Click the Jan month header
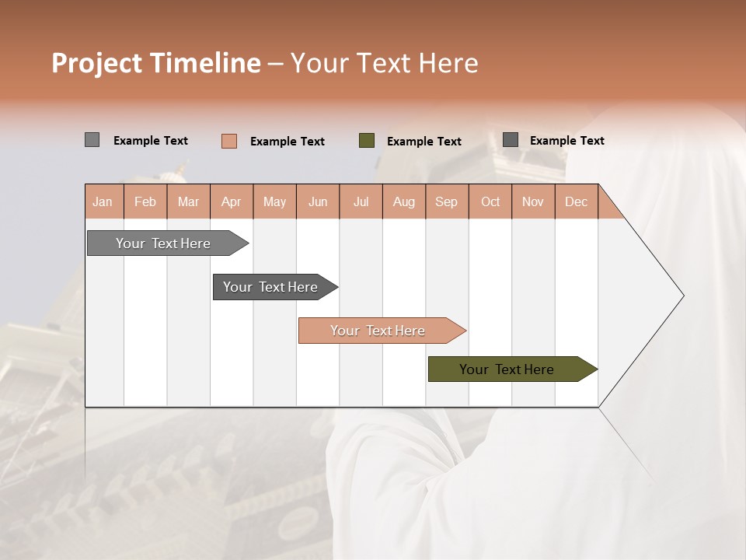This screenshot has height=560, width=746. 103,201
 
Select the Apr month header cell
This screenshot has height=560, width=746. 232,201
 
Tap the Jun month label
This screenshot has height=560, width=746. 318,201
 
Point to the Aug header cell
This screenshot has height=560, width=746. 404,201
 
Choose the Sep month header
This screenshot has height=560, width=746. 447,201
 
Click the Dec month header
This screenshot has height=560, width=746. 576,201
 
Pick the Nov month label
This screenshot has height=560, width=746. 533,201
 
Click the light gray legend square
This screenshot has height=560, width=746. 92,140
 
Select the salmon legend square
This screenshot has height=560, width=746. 228,141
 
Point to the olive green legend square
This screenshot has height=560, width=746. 367,141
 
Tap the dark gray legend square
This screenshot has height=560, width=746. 511,140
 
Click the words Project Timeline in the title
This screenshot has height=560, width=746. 155,63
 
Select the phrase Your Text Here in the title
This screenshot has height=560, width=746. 384,63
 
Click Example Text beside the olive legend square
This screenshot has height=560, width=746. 424,142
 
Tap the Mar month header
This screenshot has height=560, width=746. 188,201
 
